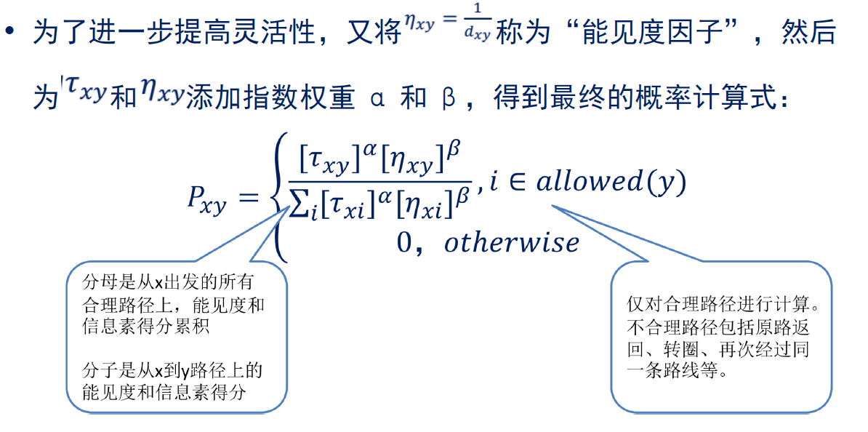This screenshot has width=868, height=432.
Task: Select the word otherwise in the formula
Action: tap(512, 241)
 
